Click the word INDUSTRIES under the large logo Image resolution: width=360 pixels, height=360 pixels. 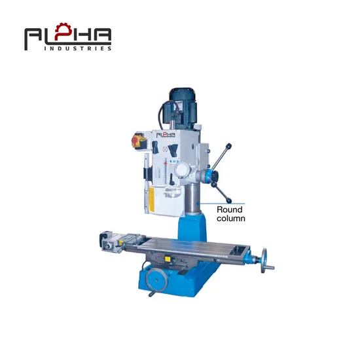click(78, 48)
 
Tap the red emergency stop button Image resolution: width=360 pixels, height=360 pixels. click(135, 140)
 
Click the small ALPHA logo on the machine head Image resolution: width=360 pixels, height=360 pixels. click(166, 135)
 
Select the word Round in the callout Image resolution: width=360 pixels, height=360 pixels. click(230, 209)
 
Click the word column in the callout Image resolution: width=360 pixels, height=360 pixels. click(231, 219)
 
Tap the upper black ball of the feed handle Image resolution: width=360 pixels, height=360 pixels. click(228, 146)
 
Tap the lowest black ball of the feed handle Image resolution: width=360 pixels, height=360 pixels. click(229, 201)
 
